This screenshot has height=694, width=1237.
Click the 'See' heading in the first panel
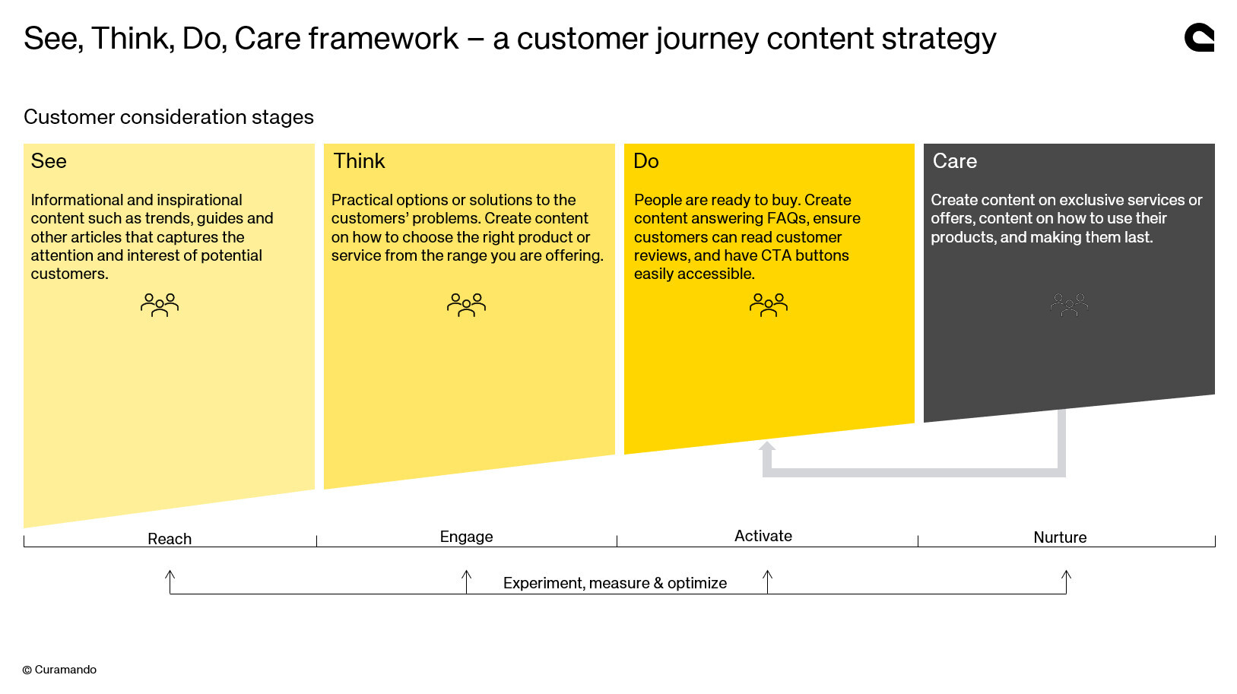pos(49,161)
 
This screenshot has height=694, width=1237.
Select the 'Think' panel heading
pos(359,161)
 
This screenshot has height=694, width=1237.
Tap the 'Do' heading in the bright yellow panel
pos(645,161)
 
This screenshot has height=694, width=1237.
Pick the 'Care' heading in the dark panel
pos(954,161)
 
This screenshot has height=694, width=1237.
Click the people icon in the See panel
pos(160,305)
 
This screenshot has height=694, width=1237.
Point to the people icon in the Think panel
pos(466,305)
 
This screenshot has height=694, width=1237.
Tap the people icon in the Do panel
pos(768,305)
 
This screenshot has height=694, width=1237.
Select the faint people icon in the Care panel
pos(1069,305)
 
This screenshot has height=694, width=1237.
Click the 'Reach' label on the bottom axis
pos(170,539)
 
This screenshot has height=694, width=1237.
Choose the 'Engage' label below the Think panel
pos(466,537)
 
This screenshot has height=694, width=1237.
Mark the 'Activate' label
pos(763,536)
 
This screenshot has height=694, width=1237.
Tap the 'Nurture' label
pos(1060,537)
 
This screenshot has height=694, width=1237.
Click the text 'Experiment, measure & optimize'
pos(614,583)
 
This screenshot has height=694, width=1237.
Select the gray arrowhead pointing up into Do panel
pos(767,447)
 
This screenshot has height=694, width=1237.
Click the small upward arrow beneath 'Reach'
pos(170,578)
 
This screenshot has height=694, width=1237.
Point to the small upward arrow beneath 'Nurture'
pos(1066,578)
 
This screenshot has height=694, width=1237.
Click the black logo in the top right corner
pos(1199,37)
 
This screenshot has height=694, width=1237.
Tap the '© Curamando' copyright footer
pos(59,670)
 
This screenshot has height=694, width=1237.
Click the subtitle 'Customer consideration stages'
pos(169,117)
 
